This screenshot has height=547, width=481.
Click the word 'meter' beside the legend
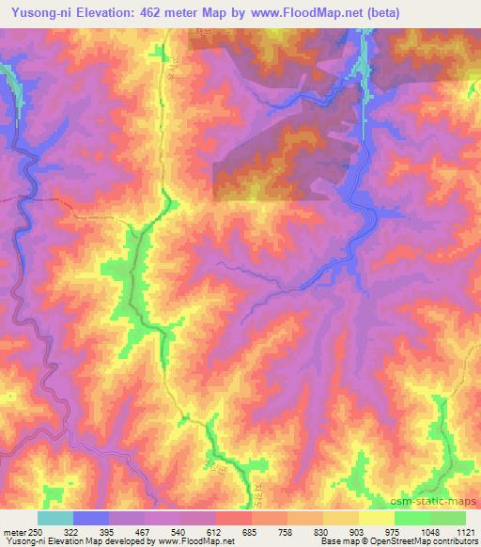pyautogui.click(x=14, y=532)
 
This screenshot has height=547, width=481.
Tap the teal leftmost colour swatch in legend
pyautogui.click(x=54, y=518)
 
